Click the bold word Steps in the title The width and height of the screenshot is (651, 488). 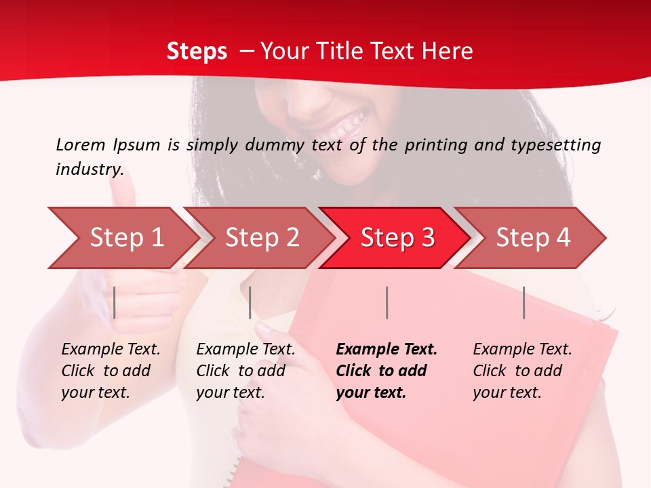(197, 52)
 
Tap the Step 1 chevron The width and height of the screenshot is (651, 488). (126, 237)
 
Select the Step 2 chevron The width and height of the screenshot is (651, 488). (262, 237)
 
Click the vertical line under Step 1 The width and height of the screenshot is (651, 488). (115, 302)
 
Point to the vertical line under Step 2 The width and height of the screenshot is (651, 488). (250, 302)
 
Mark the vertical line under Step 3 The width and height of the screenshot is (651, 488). (387, 302)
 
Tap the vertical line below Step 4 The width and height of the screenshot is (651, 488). (524, 302)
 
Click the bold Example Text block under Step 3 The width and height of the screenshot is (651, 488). (387, 371)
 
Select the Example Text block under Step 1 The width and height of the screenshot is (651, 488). (111, 371)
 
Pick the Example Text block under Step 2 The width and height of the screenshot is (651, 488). (245, 371)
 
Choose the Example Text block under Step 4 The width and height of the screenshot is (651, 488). (522, 371)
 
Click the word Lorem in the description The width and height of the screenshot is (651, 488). (79, 144)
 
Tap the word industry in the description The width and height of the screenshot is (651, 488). (90, 169)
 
